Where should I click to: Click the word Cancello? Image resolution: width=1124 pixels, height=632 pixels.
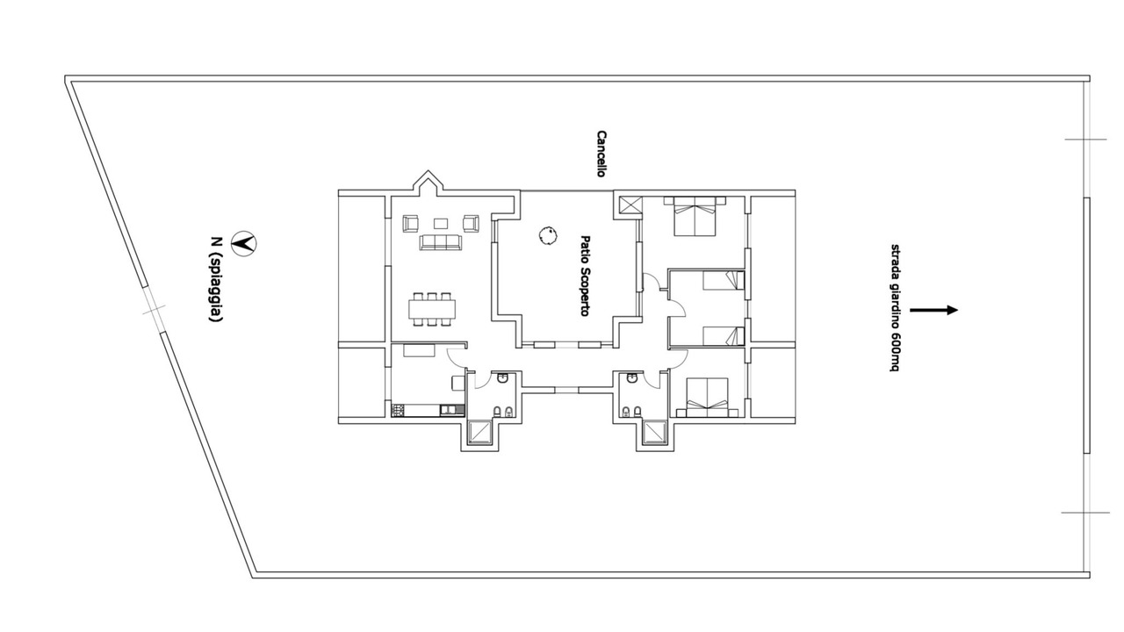(602, 154)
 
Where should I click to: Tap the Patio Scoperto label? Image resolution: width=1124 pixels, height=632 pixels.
(585, 276)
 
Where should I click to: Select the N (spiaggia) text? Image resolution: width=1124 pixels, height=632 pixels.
(216, 279)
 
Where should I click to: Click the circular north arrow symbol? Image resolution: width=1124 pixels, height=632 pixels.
(244, 243)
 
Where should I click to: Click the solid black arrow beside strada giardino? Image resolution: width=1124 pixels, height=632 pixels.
(933, 310)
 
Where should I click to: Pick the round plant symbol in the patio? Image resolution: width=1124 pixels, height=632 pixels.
(549, 235)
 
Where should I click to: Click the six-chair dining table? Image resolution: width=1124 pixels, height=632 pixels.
(432, 310)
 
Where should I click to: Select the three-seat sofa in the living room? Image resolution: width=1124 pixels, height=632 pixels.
(441, 241)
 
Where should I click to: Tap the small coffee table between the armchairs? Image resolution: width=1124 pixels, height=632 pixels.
(441, 223)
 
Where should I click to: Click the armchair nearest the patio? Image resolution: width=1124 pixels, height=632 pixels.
(471, 223)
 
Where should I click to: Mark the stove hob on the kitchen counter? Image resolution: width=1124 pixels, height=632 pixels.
(398, 410)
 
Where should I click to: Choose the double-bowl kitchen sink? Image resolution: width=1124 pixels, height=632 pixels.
(452, 410)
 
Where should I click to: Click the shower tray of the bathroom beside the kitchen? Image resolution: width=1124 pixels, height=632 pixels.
(480, 433)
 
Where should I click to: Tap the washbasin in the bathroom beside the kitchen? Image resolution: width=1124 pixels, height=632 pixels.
(503, 377)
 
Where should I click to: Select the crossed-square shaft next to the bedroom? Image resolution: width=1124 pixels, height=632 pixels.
(630, 206)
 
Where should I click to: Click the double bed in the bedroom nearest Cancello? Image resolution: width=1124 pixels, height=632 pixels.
(695, 216)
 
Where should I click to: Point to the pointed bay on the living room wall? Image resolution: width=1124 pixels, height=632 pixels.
(428, 182)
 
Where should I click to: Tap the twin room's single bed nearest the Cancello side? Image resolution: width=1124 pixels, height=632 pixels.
(723, 280)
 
